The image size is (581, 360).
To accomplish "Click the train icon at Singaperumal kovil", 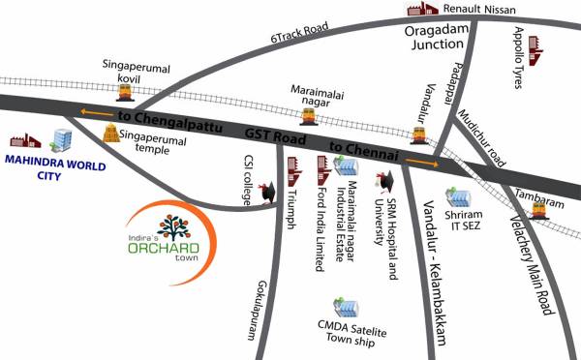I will (x=125, y=92).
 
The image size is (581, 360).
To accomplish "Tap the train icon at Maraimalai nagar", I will (x=309, y=117).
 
